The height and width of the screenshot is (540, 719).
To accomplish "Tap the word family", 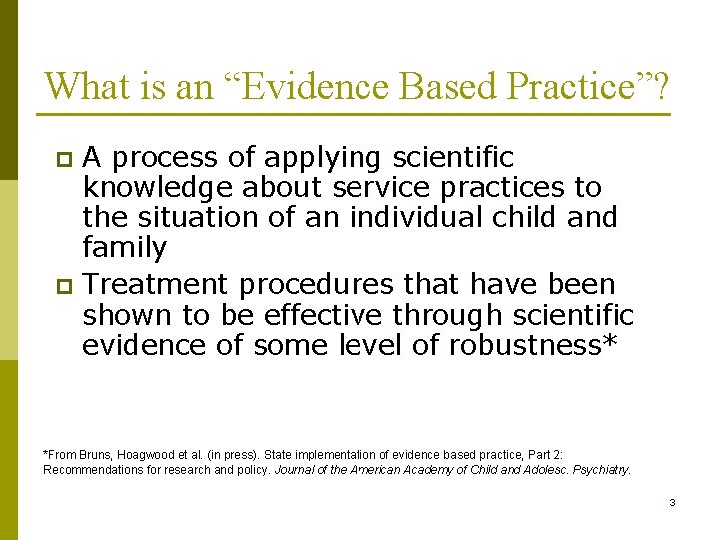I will point(124,247).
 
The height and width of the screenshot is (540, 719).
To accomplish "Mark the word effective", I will point(325,316).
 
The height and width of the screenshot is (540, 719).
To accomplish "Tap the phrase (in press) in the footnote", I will point(241,454).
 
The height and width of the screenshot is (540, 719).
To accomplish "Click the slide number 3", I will point(672,503).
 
